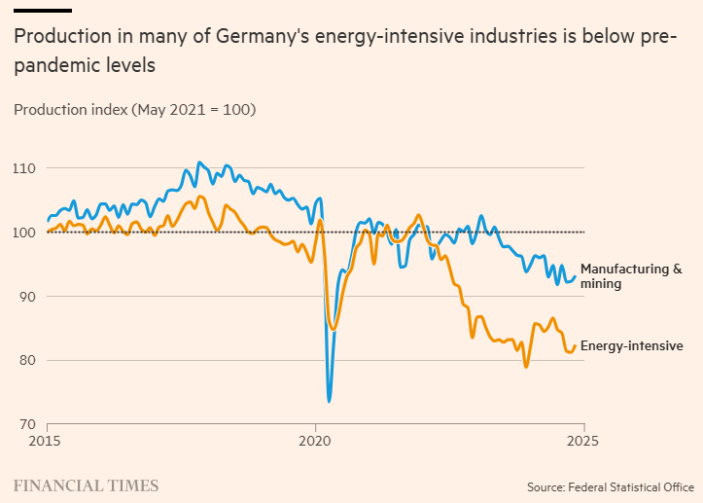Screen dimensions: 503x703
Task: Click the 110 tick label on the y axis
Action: (x=24, y=168)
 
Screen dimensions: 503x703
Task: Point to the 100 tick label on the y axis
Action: (x=24, y=233)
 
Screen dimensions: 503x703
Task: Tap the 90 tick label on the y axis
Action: (x=26, y=297)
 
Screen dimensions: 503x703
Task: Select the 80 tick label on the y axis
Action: (x=26, y=361)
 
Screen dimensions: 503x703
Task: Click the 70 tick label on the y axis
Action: (x=26, y=424)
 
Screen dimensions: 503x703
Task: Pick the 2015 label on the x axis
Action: (x=47, y=440)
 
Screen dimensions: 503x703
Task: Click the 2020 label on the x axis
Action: (x=315, y=440)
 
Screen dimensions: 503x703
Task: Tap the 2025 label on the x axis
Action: (x=582, y=440)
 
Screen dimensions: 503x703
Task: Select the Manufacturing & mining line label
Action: (x=631, y=276)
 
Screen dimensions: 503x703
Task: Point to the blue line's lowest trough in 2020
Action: (x=329, y=401)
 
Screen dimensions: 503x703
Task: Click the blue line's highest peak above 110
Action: (x=199, y=162)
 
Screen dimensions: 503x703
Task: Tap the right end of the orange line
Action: (x=576, y=345)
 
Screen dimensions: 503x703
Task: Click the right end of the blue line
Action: (x=576, y=276)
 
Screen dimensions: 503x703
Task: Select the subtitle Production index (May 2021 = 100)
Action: (x=134, y=110)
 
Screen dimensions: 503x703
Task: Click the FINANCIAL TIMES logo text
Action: (x=86, y=485)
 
